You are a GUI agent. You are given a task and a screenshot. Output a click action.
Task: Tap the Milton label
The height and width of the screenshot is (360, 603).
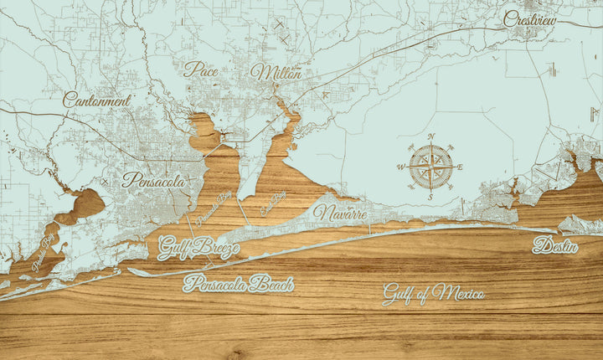click(x=276, y=73)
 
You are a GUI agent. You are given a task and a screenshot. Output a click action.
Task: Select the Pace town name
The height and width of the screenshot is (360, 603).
click(x=201, y=69)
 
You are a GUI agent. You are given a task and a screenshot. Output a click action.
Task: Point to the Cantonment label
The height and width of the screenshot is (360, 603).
click(x=97, y=100)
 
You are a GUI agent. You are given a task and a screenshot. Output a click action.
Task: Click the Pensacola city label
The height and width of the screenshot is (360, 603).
click(x=154, y=179)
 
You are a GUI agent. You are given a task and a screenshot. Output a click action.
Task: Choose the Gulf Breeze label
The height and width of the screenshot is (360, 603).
click(x=198, y=247)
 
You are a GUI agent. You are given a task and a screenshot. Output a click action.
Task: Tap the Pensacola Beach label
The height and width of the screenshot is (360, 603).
click(x=239, y=284)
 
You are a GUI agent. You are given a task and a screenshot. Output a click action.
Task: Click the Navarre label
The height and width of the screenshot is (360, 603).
click(x=340, y=213)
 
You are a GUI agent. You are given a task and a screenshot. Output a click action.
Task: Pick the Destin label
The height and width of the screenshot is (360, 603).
click(x=555, y=246)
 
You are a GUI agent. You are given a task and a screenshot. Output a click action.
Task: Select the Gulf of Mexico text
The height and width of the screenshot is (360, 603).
click(x=434, y=293)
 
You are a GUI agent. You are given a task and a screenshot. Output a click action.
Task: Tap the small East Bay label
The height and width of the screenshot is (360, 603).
click(x=273, y=203)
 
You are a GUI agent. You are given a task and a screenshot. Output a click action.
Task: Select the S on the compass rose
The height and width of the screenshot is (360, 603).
click(x=430, y=198)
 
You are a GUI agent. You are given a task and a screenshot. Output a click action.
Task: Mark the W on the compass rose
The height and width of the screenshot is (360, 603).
click(x=399, y=167)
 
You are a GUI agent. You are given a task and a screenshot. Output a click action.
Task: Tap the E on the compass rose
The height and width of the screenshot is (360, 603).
click(x=461, y=167)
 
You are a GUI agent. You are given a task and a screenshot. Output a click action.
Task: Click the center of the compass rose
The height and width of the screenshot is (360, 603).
click(x=430, y=167)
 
